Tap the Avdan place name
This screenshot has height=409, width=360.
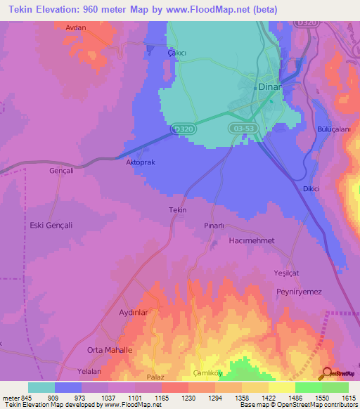point(75,27)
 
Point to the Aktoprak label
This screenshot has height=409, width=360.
point(139,162)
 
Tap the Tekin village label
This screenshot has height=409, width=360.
point(177,210)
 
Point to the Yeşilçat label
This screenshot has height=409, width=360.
point(287,272)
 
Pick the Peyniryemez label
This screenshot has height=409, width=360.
point(299,290)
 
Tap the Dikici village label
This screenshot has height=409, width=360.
point(311,188)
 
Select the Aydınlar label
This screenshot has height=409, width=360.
point(138,312)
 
